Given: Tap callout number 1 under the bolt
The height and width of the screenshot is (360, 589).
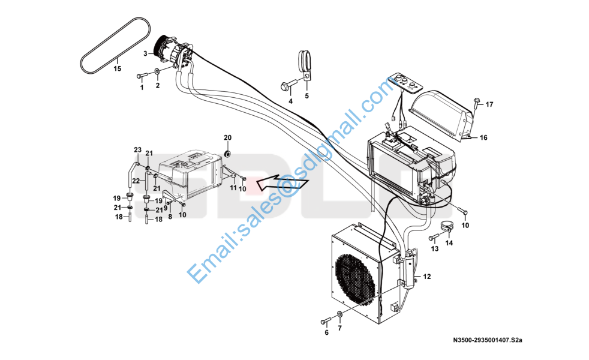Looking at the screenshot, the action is click(142, 88).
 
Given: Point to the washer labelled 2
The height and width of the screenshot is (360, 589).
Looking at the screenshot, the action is click(157, 71).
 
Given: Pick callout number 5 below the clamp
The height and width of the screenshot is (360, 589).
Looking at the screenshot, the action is click(307, 96).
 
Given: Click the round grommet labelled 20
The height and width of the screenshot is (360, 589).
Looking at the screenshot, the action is click(227, 154).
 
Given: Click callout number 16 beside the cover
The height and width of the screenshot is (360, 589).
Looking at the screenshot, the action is click(483, 137).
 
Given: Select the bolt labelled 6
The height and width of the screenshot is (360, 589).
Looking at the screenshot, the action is click(325, 321).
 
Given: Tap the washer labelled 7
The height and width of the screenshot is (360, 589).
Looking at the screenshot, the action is click(339, 314).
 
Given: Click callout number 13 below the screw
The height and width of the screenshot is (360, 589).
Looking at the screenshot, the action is click(435, 249).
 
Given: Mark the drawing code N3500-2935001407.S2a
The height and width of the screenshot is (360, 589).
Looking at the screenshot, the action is click(488, 340).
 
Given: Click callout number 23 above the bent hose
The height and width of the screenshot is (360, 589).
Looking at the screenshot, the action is click(137, 150).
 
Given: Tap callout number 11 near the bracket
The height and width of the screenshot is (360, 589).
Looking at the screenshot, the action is click(233, 188).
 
